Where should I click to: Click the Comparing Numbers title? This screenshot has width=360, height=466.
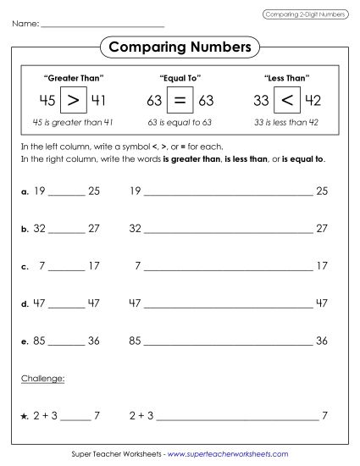pos(180,46)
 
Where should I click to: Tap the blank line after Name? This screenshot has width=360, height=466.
pos(102,25)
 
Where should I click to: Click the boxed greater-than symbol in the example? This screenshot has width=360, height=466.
pos(75,101)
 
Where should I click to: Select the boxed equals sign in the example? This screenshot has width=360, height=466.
pos(180,101)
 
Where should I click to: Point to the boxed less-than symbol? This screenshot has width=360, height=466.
pos(287,101)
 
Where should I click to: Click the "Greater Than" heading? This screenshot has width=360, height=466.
pos(73,78)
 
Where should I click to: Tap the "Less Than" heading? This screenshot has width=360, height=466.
pos(285,78)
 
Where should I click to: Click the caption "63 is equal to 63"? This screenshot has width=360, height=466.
pos(180,123)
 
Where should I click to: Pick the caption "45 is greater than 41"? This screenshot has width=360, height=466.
pos(73,123)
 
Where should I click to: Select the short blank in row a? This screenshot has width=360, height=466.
pos(67,194)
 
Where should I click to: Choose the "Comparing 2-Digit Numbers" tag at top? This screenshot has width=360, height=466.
pos(304,14)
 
